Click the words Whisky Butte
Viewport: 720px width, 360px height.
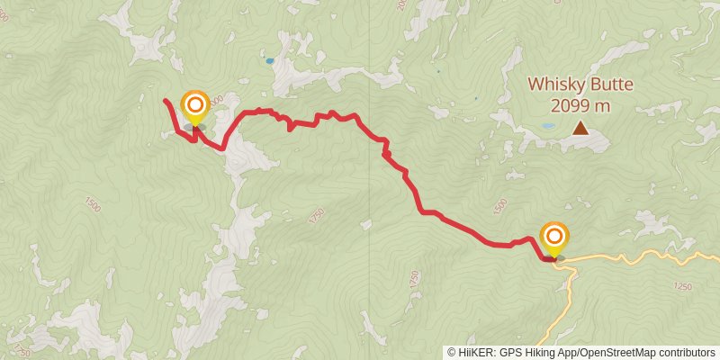[580, 85]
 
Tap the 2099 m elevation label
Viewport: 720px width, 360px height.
[580, 105]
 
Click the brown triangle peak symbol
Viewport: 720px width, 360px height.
[581, 130]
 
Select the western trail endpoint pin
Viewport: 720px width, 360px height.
[194, 106]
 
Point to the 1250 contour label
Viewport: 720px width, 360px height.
[681, 286]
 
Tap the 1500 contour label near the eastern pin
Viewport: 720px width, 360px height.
[501, 206]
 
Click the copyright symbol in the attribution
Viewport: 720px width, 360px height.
[452, 353]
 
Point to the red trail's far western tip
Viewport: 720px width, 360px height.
[166, 101]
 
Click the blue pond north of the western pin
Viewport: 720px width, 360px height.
[269, 61]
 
